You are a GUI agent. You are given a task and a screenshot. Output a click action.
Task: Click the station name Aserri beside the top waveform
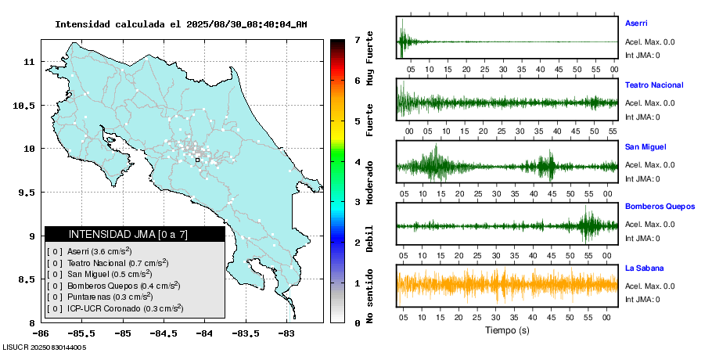click(636, 23)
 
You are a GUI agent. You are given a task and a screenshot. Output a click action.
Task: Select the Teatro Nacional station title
click(654, 85)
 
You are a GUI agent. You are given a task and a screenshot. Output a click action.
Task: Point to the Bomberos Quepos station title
click(660, 207)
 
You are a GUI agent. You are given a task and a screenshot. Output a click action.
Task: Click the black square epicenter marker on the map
click(197, 160)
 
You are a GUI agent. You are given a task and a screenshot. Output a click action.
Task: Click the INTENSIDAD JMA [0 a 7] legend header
click(135, 234)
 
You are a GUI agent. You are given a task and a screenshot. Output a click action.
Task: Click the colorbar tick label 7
click(356, 39)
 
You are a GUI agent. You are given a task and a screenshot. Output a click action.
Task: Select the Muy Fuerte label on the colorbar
click(369, 56)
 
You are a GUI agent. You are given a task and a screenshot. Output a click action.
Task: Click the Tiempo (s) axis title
click(508, 330)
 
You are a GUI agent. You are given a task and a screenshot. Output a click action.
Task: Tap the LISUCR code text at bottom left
click(44, 347)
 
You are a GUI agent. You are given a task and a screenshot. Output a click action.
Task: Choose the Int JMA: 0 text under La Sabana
click(642, 300)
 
